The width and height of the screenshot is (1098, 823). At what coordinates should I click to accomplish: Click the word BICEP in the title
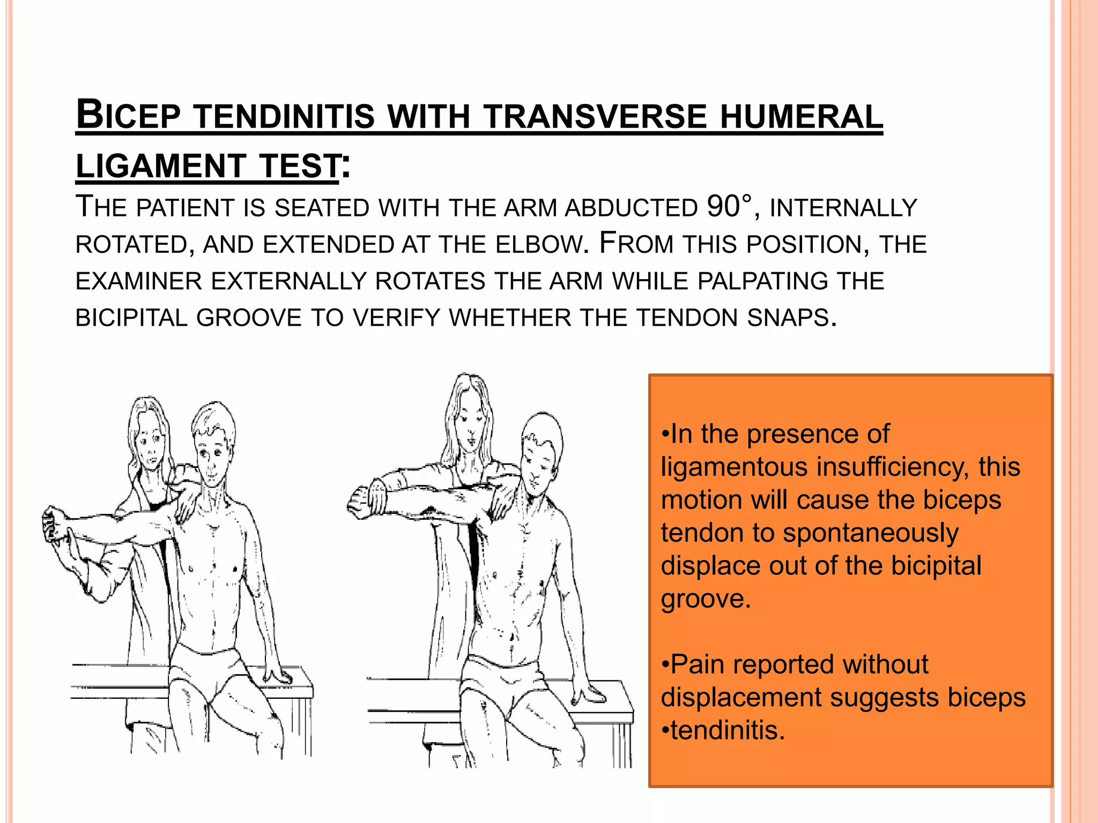click(x=129, y=115)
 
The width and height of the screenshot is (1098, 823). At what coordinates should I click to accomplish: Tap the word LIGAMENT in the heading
click(x=161, y=166)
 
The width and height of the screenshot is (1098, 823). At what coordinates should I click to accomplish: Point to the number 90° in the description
click(x=729, y=207)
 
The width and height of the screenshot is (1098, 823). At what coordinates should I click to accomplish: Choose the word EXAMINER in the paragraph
click(x=138, y=282)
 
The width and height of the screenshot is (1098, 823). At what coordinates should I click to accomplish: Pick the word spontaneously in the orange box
click(x=870, y=533)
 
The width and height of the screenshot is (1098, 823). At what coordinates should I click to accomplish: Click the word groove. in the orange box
click(x=706, y=598)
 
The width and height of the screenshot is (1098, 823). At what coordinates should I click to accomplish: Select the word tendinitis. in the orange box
click(x=728, y=730)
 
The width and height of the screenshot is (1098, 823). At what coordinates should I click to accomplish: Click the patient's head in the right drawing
click(x=541, y=450)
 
